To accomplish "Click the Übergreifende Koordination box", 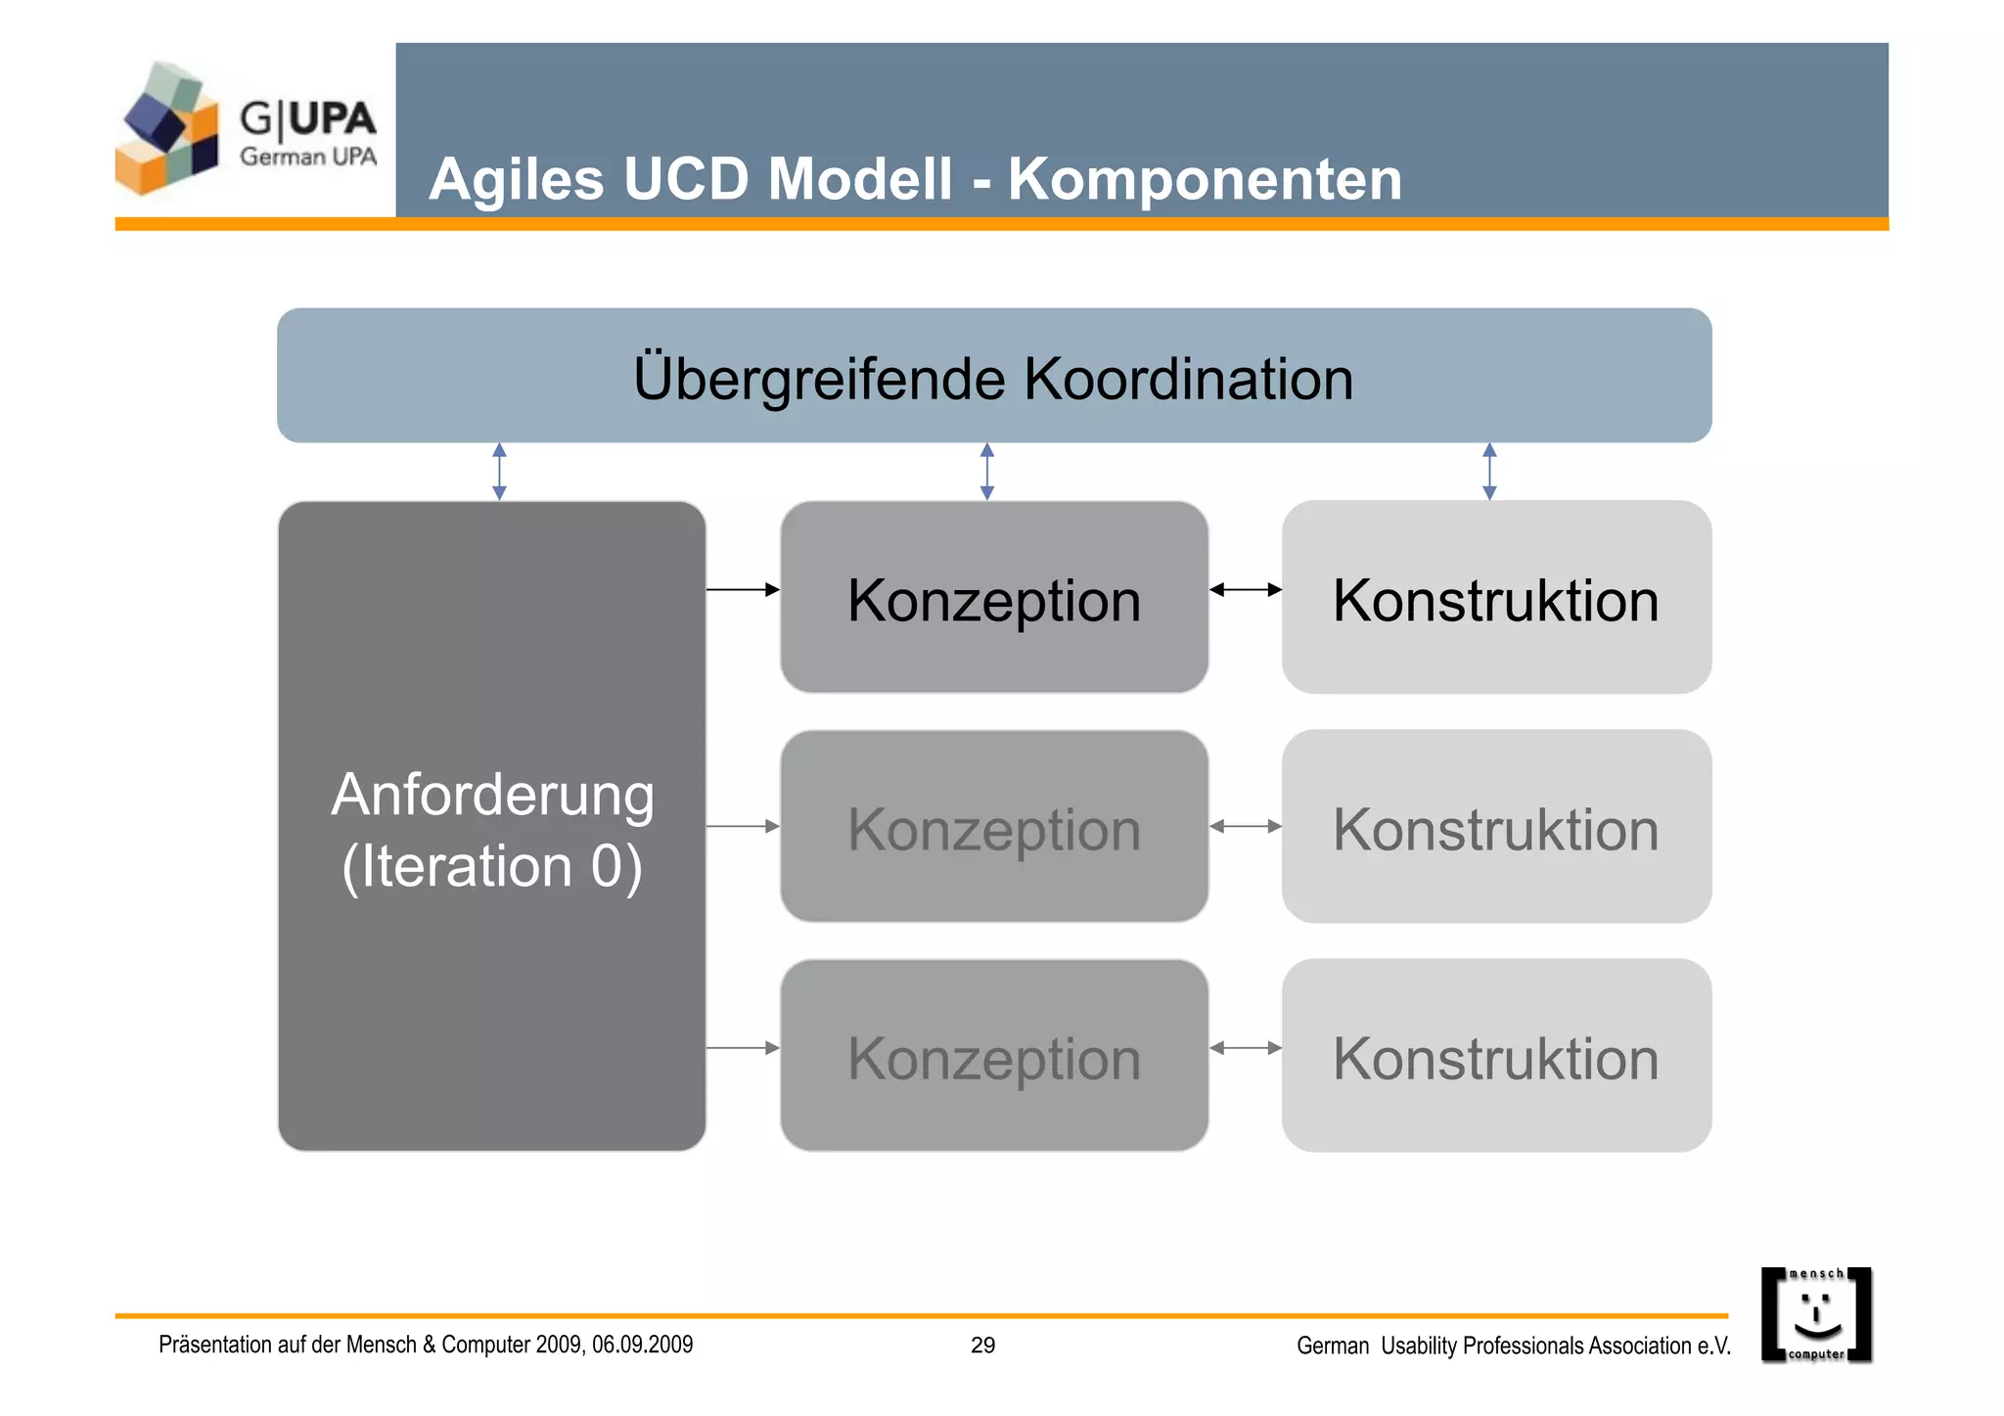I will [x=994, y=377].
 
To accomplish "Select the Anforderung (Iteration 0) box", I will [x=492, y=827].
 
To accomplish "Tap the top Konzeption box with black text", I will [x=994, y=598].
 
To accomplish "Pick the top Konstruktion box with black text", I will [x=1496, y=598].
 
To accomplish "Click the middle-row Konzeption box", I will [x=994, y=827].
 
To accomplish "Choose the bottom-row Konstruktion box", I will [x=1496, y=1056].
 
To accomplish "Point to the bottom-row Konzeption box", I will [x=994, y=1056].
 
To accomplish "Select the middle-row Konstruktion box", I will [x=1496, y=827].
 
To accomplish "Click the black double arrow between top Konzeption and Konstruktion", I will [x=1245, y=589].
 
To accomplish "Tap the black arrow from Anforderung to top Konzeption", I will [x=743, y=589].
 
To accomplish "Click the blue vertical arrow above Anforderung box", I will [x=499, y=472].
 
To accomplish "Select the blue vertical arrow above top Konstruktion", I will [x=1489, y=472].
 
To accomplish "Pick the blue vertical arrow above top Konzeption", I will [x=987, y=472].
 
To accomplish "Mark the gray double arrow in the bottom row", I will [x=1245, y=1048].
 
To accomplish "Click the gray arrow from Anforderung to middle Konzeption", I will [x=743, y=827].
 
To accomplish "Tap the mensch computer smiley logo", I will [x=1816, y=1315].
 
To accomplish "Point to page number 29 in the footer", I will [x=982, y=1346].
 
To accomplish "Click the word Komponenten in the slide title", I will [x=1205, y=180].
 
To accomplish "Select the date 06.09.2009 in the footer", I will [x=642, y=1345].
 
